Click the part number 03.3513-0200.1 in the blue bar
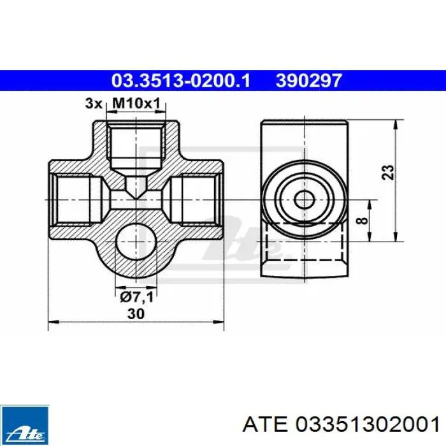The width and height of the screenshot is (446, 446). tap(180, 80)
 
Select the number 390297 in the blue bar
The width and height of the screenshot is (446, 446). tap(308, 80)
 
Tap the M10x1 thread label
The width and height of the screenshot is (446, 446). tap(136, 103)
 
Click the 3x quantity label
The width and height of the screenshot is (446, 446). tap(94, 103)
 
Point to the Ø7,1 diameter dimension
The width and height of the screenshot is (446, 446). tap(137, 298)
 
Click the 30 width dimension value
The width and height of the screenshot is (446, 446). tap(136, 313)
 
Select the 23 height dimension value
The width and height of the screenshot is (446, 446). tap(388, 172)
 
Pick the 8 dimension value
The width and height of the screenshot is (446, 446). tap(363, 220)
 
